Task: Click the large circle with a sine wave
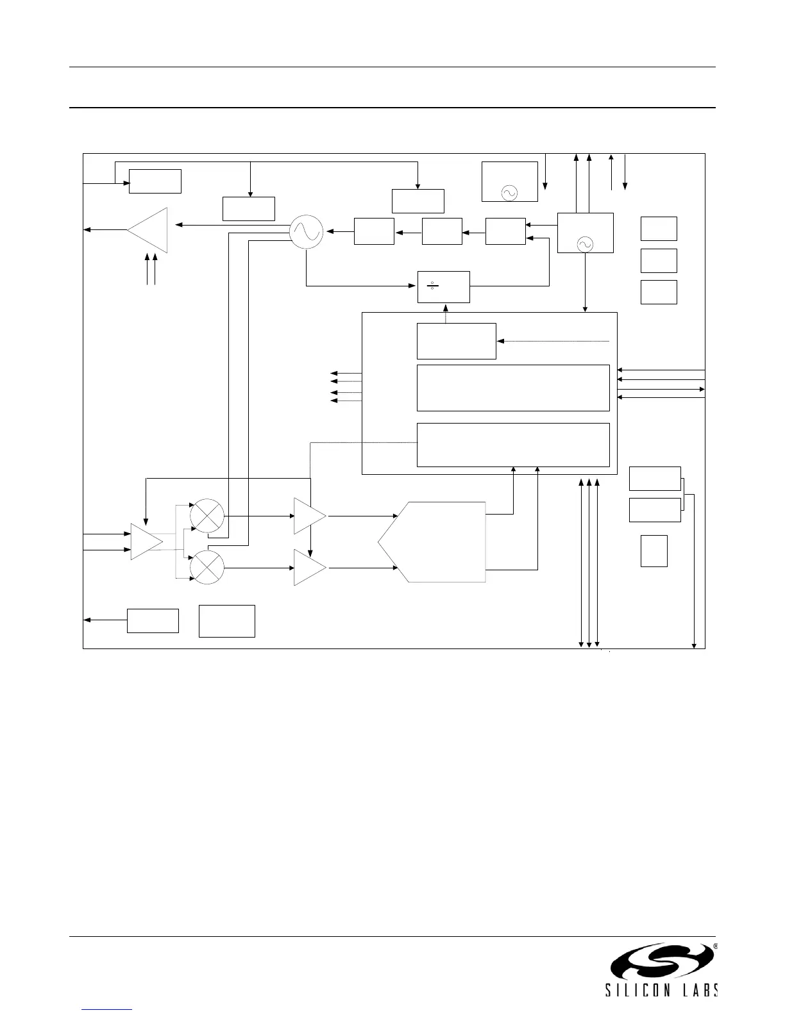click(x=306, y=232)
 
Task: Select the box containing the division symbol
click(x=443, y=286)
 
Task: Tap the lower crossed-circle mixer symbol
click(x=207, y=567)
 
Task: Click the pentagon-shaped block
click(x=432, y=542)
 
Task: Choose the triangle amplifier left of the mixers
click(x=145, y=541)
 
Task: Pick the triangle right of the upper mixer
click(x=308, y=515)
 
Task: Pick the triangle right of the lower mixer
click(x=308, y=567)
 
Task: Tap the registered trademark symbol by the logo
click(x=715, y=946)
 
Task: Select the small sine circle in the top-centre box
click(x=509, y=192)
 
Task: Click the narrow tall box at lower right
click(x=654, y=551)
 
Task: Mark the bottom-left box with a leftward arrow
click(x=153, y=620)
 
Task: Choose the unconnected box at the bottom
click(x=226, y=621)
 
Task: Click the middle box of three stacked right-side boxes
click(x=659, y=260)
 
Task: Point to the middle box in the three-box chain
click(x=442, y=231)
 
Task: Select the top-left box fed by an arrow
click(x=155, y=181)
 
